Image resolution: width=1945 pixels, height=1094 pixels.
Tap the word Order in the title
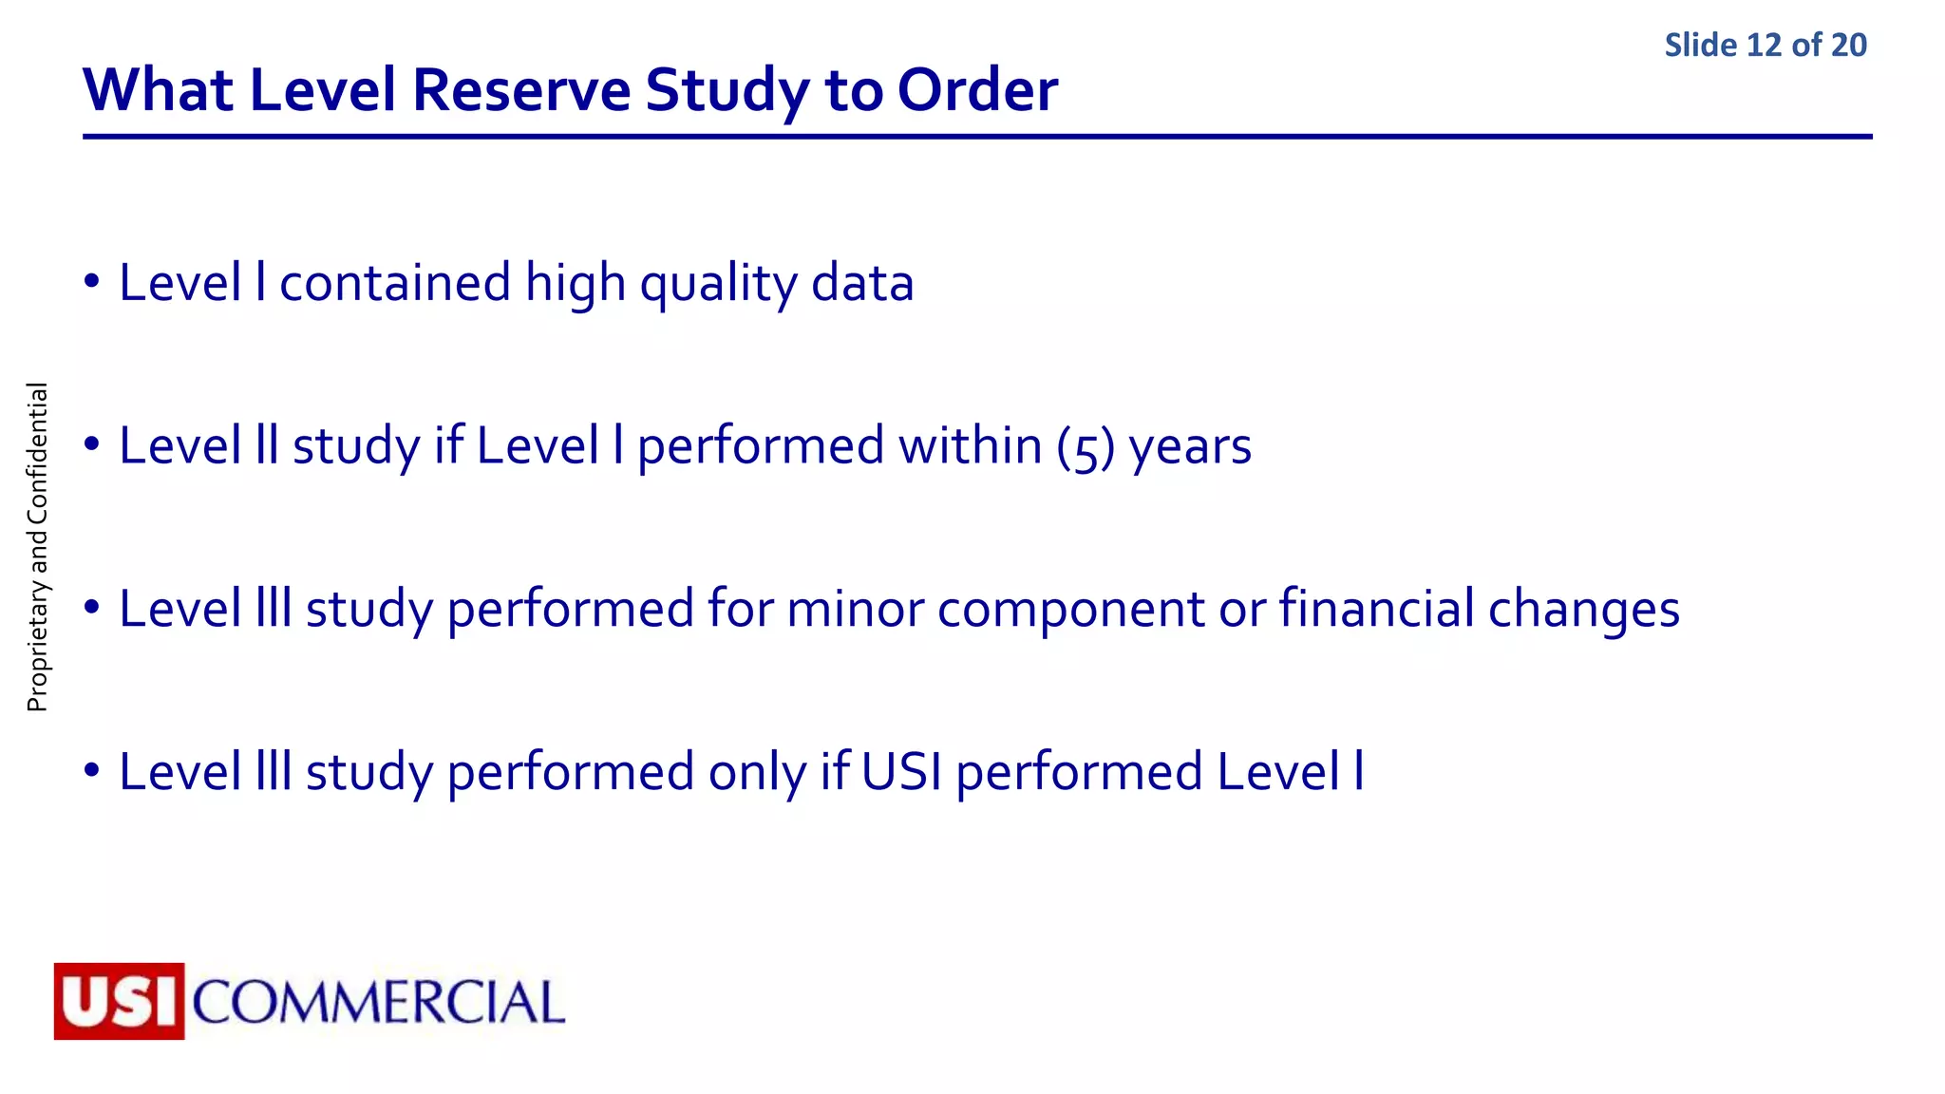[x=977, y=90]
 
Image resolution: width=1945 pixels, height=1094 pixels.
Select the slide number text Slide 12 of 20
[x=1765, y=45]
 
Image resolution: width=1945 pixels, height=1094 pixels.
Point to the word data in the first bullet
[x=862, y=283]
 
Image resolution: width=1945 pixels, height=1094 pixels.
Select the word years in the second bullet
[x=1190, y=446]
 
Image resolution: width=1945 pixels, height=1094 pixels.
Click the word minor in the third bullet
[x=855, y=609]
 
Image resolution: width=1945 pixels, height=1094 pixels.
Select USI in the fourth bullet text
[x=901, y=771]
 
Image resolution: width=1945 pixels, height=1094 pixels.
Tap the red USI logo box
[x=119, y=1001]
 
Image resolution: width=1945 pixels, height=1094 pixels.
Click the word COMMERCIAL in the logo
[x=378, y=1003]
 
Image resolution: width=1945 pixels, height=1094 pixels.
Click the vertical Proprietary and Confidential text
[x=37, y=547]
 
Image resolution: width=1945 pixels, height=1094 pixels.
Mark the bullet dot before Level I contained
[x=91, y=283]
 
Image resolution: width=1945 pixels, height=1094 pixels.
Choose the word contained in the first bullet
[x=394, y=283]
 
